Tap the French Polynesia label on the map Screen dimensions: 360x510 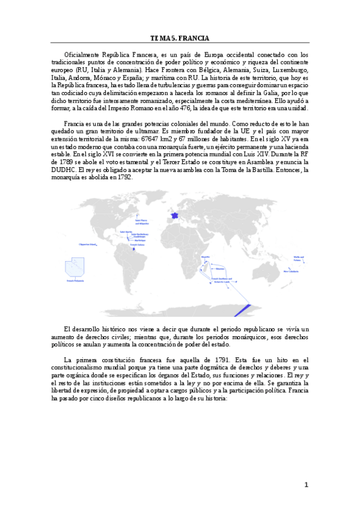click(x=78, y=280)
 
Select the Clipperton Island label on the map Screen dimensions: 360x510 click(x=88, y=245)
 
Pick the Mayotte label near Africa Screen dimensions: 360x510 click(x=206, y=256)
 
